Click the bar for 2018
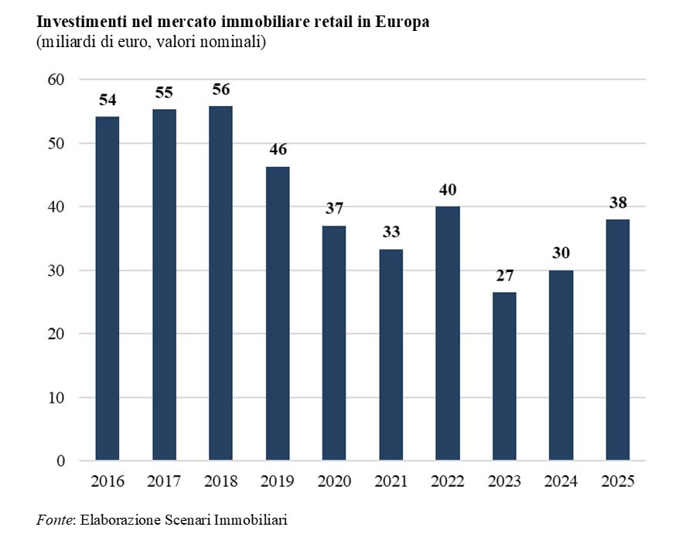coord(220,283)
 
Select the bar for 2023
coord(503,376)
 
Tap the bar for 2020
coord(334,343)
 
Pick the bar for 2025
coord(617,340)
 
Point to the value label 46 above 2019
coord(278,150)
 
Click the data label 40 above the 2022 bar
coord(447,189)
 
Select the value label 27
coord(503,276)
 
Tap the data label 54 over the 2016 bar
coord(107,100)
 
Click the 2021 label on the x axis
coord(391,481)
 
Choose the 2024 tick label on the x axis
coord(561,481)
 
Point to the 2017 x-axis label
coord(164,481)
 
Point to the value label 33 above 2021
coord(391,233)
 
